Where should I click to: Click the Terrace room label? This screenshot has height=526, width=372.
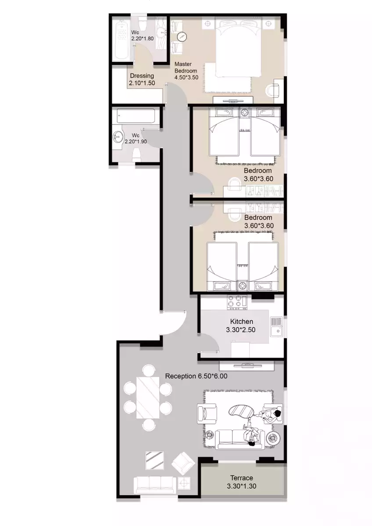click(241, 478)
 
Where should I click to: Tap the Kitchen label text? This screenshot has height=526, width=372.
click(241, 321)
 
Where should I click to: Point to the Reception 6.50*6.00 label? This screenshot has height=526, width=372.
click(196, 376)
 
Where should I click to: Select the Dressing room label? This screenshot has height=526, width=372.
click(142, 75)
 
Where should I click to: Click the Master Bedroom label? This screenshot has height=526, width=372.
click(186, 68)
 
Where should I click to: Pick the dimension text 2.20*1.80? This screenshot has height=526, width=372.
click(143, 39)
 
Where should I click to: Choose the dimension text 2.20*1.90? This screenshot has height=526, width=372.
click(136, 142)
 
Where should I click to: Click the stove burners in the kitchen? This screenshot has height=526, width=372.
click(237, 302)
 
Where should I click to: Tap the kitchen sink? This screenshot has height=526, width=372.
click(277, 327)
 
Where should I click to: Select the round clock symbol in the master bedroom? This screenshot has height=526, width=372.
click(182, 36)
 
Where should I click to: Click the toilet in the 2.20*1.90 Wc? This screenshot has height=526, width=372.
click(136, 156)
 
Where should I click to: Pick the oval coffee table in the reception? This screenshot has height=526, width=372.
click(241, 410)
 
